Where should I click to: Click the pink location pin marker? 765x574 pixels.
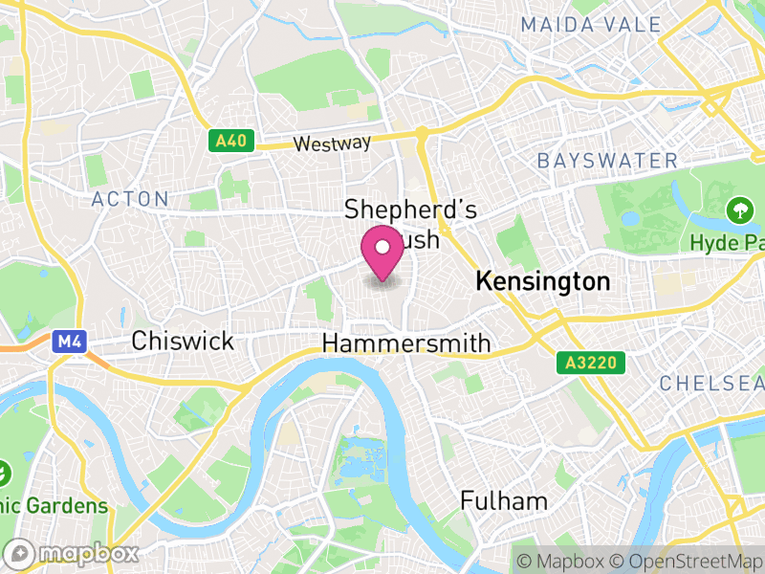[382, 251]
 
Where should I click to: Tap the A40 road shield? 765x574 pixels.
[230, 142]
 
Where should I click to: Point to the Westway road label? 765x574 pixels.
[332, 143]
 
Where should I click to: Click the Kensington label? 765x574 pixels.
[542, 281]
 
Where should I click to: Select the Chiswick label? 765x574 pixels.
[182, 341]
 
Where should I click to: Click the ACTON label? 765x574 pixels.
[130, 199]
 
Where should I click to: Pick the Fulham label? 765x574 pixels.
[504, 500]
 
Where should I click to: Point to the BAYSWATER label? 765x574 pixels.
[607, 160]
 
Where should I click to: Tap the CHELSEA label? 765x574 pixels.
[712, 383]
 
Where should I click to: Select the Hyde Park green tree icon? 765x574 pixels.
[738, 209]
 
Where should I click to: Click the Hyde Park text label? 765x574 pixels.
[727, 243]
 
